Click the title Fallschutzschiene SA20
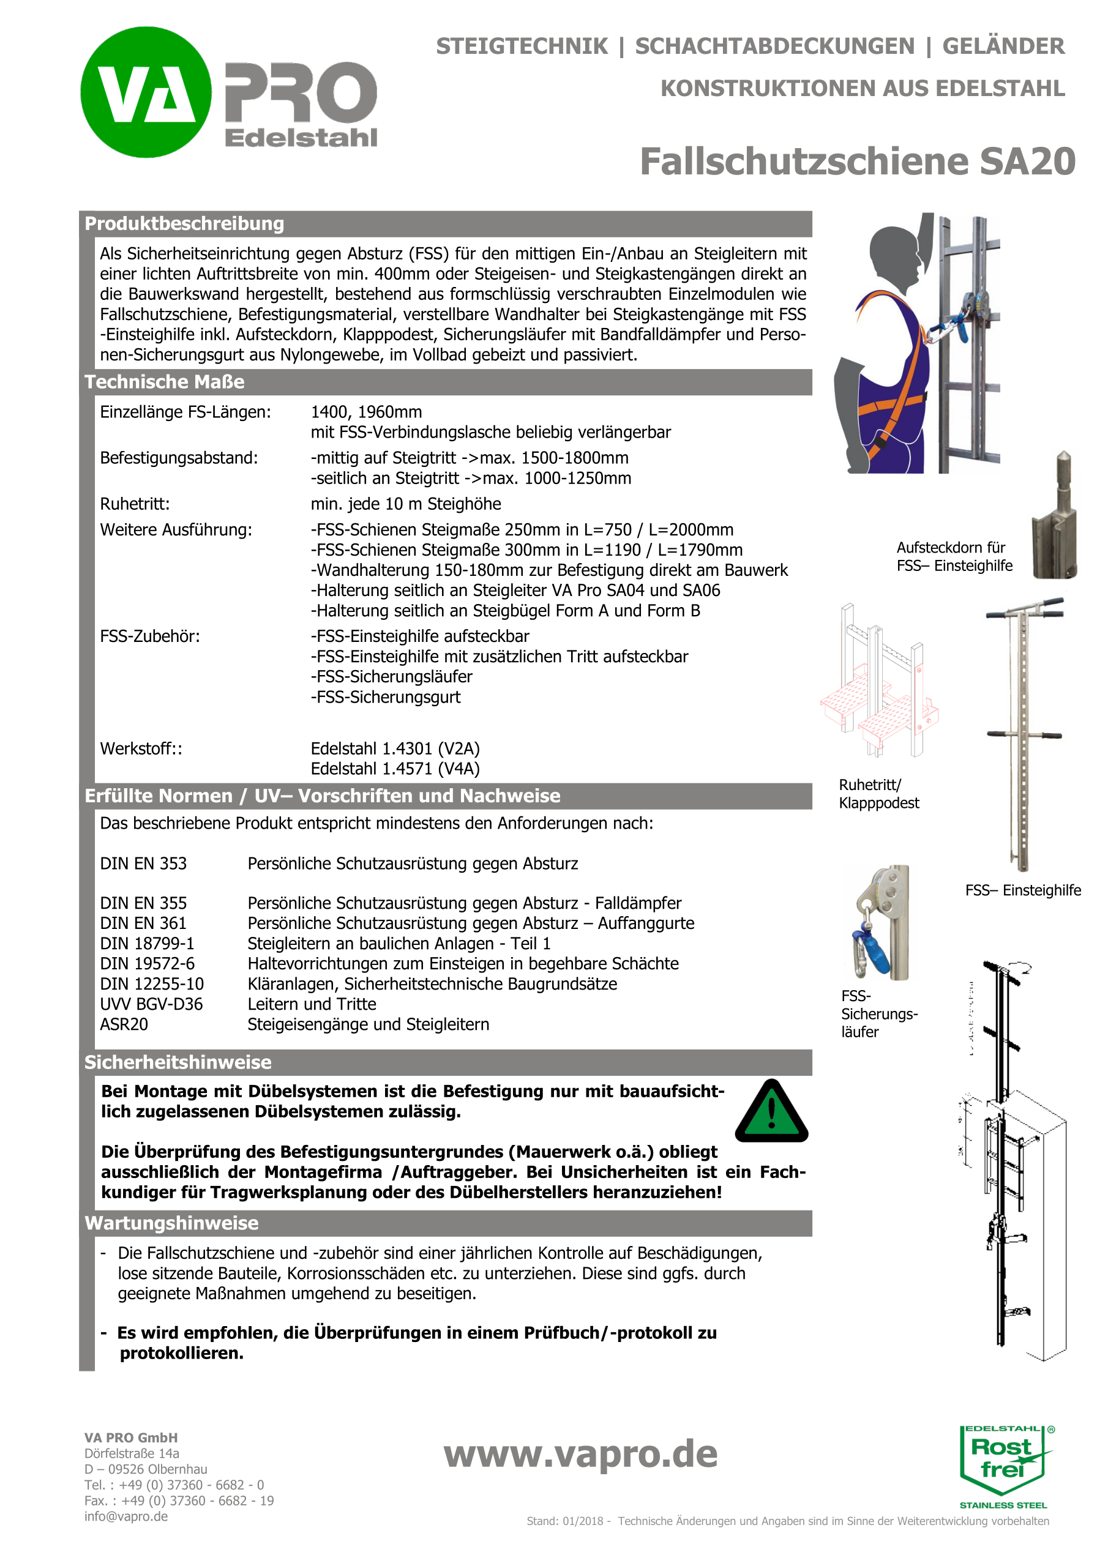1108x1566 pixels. [x=857, y=162]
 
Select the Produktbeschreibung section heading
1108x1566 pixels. [x=184, y=224]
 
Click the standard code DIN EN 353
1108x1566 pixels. [x=143, y=863]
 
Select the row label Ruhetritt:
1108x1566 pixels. [x=135, y=504]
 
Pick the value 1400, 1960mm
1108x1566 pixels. [x=367, y=412]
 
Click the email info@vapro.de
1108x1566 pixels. [x=126, y=1516]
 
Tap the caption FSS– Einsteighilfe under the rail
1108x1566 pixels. [x=1023, y=890]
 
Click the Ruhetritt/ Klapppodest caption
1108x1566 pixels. [x=879, y=794]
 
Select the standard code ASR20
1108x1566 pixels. [x=124, y=1024]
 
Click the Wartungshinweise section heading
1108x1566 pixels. [x=171, y=1223]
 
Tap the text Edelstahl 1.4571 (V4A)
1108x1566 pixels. [x=395, y=769]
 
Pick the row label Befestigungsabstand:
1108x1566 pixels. [x=179, y=458]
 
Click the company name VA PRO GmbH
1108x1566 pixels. [x=131, y=1437]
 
